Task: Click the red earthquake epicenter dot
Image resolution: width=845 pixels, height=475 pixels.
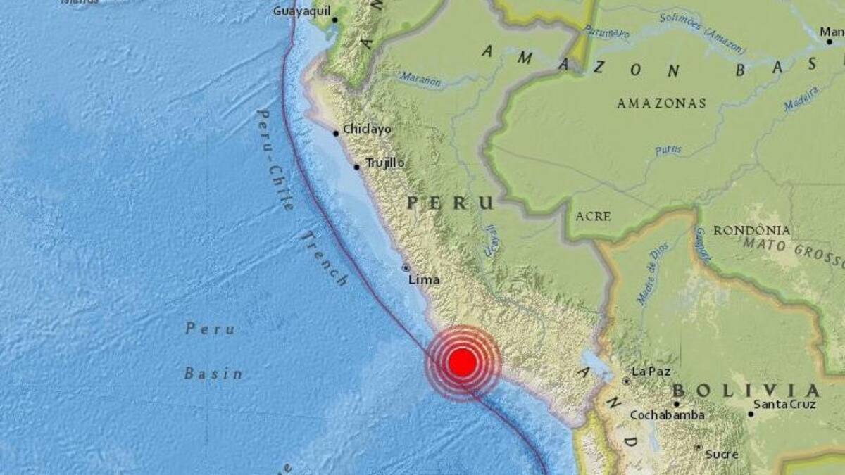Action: click(x=462, y=362)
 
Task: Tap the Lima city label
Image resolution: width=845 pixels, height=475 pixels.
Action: click(x=424, y=280)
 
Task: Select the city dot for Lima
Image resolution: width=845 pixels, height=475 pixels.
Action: click(x=406, y=267)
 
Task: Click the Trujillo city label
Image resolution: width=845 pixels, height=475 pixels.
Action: click(x=385, y=163)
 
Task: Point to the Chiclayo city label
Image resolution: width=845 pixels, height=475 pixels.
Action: click(x=367, y=129)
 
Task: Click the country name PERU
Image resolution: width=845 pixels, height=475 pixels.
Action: click(x=451, y=203)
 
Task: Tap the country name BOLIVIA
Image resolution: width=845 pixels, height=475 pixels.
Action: click(x=746, y=391)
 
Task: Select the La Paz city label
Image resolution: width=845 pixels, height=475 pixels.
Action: click(x=651, y=372)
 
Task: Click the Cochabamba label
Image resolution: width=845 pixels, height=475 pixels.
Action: click(x=667, y=415)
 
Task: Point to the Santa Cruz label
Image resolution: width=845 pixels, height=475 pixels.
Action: click(x=784, y=405)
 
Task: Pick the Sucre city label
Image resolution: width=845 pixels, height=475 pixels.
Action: click(x=722, y=455)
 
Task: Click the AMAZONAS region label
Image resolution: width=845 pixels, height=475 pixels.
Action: click(x=661, y=103)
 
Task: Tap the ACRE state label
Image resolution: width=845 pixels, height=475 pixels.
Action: click(x=593, y=217)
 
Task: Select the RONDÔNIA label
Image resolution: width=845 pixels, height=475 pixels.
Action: click(x=751, y=231)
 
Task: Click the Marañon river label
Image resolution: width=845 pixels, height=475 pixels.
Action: click(x=420, y=80)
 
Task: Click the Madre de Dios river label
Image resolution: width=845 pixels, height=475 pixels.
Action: click(x=649, y=273)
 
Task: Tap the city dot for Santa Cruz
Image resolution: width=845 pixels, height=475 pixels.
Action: click(x=751, y=414)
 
